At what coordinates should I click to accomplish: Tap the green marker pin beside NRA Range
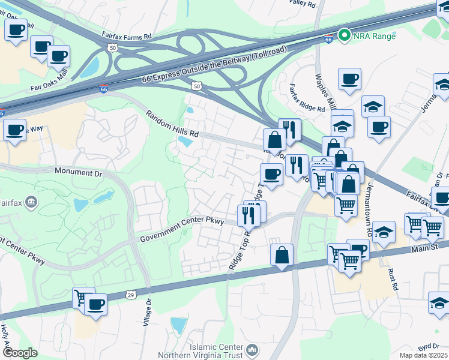pyautogui.click(x=345, y=35)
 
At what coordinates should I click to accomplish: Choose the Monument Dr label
pyautogui.click(x=79, y=172)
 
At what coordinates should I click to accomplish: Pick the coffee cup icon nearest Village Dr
pyautogui.click(x=95, y=304)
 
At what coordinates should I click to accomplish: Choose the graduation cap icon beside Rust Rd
pyautogui.click(x=384, y=232)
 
